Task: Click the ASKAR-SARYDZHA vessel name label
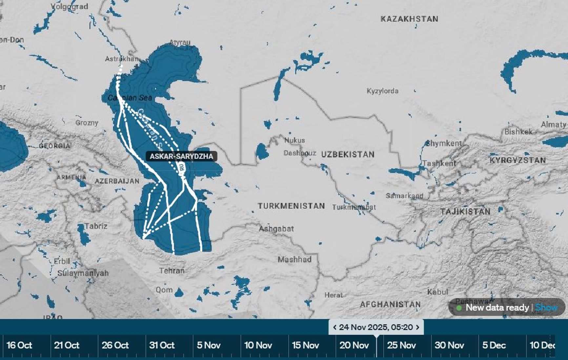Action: tap(181, 156)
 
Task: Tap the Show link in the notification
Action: tap(546, 307)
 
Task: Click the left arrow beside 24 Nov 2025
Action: tap(335, 327)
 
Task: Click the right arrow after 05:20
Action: tap(417, 327)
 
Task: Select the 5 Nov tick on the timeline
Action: tap(209, 345)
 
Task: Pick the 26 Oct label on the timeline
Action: tap(115, 345)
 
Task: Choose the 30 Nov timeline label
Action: tap(449, 345)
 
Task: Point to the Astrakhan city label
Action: tap(122, 59)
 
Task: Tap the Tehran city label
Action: tap(172, 271)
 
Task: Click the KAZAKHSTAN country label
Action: tap(409, 19)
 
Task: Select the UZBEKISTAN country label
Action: tap(348, 154)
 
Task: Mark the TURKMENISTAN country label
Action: tap(291, 206)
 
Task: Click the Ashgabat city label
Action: tap(276, 229)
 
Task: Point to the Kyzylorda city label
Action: tap(382, 91)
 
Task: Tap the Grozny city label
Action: tap(87, 123)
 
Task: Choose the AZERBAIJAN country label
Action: tap(117, 181)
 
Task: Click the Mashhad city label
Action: tap(294, 260)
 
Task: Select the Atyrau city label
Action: tap(180, 42)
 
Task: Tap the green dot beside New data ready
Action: tap(459, 308)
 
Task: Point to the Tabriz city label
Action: tap(96, 226)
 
